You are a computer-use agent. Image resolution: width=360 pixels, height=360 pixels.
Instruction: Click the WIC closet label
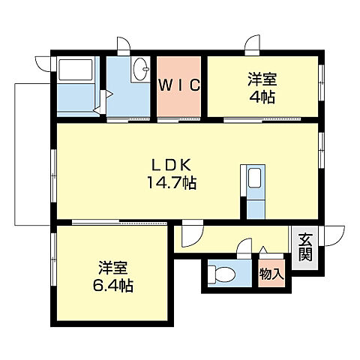(x=179, y=85)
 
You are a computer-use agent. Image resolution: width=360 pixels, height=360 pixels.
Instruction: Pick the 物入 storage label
(x=271, y=275)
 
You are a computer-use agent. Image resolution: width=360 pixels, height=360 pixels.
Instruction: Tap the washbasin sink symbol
(x=139, y=73)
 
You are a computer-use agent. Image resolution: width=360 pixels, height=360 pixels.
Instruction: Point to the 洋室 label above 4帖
(x=259, y=77)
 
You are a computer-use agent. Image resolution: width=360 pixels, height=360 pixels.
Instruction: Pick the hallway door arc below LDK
(x=190, y=235)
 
